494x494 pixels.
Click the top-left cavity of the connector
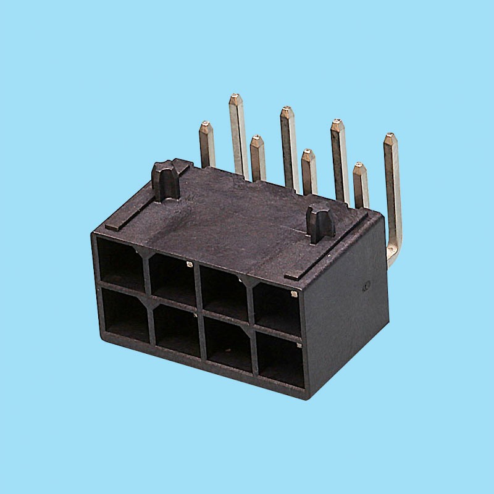(x=120, y=262)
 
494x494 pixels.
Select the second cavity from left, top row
(x=172, y=277)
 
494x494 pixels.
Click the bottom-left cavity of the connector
(x=125, y=314)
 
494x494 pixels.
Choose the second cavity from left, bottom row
(x=175, y=331)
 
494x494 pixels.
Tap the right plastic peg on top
(x=320, y=222)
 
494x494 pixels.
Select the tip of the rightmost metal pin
(x=389, y=136)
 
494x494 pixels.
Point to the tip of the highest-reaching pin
(x=235, y=98)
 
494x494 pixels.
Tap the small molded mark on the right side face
(x=366, y=286)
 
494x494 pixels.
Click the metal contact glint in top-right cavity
(x=294, y=295)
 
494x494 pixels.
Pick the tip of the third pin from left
(x=256, y=138)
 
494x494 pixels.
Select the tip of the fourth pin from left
(x=286, y=110)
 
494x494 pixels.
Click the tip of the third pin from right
(x=337, y=124)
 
